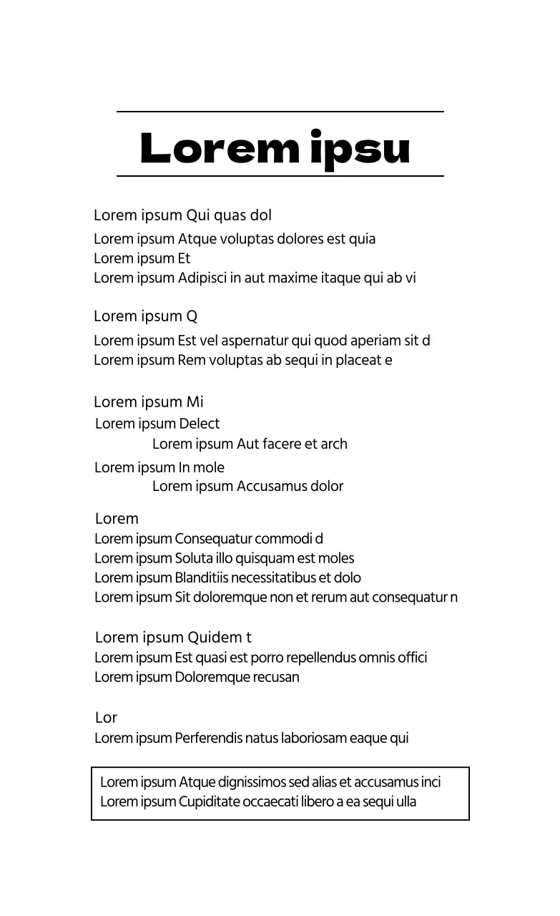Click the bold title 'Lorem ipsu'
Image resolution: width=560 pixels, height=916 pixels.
[x=275, y=148]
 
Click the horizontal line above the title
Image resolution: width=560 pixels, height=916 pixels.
[x=280, y=112]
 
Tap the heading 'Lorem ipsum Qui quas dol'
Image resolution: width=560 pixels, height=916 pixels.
[x=182, y=215]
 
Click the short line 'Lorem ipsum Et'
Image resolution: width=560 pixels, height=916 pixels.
[x=142, y=258]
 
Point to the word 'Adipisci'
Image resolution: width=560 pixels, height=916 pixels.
[x=202, y=278]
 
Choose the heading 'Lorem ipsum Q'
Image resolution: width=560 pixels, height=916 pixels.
[x=145, y=316]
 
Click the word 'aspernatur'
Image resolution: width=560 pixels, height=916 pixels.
[x=254, y=341]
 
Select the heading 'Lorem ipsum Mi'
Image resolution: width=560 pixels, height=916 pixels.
[x=148, y=402]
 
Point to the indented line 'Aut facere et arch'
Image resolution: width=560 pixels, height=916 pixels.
[x=250, y=444]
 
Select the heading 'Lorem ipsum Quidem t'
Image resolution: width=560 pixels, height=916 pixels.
[x=173, y=638]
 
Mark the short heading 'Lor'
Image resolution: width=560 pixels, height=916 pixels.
[x=106, y=718]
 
